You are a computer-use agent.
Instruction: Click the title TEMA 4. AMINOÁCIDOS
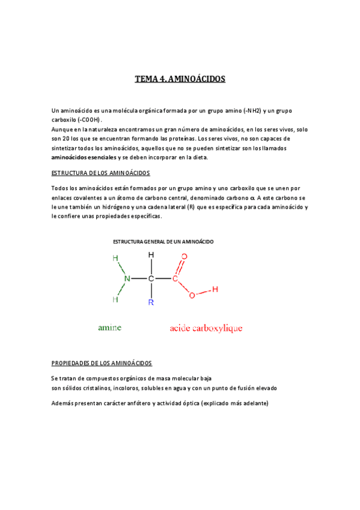point(180,79)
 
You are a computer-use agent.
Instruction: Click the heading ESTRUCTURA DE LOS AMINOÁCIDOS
point(101,173)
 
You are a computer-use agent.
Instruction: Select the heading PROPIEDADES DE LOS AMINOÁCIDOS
point(102,363)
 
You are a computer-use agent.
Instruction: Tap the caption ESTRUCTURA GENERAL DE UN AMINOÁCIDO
point(163,241)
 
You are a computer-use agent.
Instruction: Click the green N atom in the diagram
point(127,278)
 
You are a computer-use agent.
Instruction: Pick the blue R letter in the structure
point(151,303)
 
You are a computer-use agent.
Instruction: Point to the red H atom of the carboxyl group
point(215,289)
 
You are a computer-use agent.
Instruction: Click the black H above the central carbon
point(151,255)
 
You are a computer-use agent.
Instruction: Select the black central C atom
point(151,278)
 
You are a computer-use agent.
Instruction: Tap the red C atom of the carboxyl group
point(175,278)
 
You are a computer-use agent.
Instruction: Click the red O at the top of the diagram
point(185,257)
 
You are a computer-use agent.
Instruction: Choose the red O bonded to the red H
point(192,295)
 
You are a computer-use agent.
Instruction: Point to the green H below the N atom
point(115,298)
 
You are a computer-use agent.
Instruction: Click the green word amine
point(109,328)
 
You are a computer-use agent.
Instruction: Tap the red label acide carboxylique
point(206,328)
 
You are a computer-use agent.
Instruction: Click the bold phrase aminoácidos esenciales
point(84,157)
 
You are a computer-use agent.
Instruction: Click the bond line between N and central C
point(139,278)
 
